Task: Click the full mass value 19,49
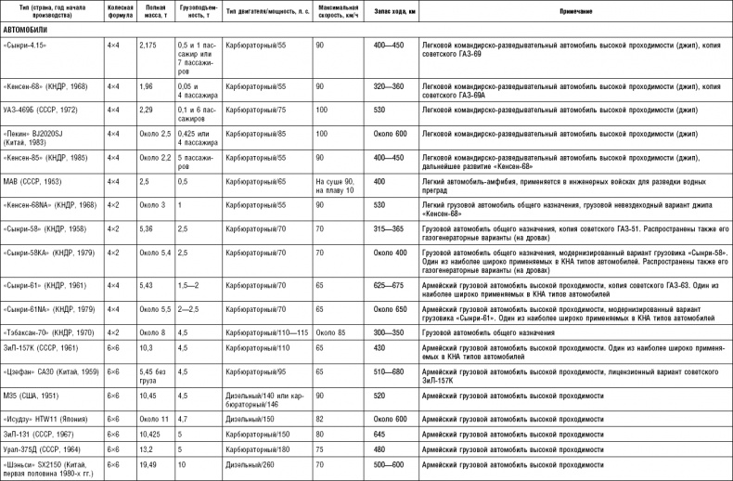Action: tap(148, 463)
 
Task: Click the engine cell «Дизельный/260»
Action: tap(250, 463)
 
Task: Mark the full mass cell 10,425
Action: tap(150, 434)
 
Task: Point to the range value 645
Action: tap(379, 434)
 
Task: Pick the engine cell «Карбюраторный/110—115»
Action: tap(262, 331)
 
